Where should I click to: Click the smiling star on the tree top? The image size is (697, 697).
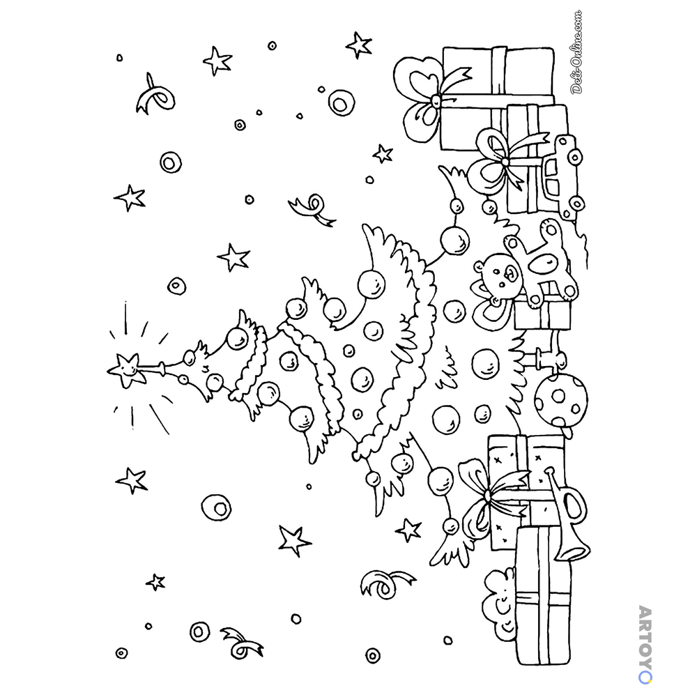[x=126, y=369]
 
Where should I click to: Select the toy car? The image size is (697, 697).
[x=562, y=178]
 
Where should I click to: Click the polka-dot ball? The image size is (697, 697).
[x=561, y=398]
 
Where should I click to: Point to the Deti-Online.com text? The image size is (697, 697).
[x=576, y=52]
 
